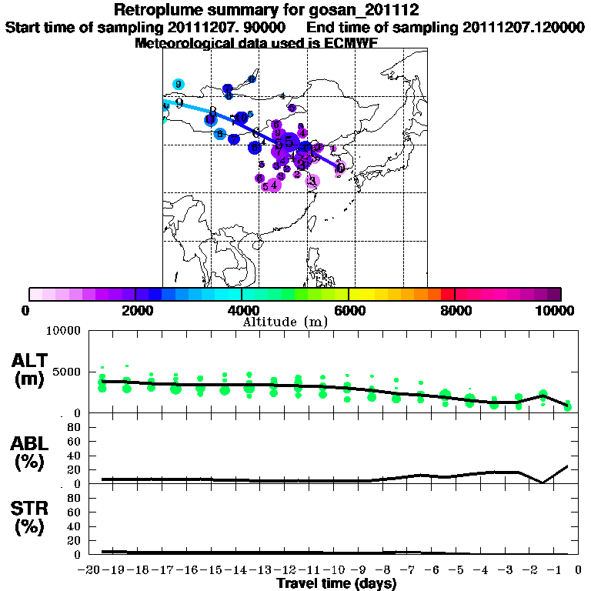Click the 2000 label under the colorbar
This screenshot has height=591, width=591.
coord(135,311)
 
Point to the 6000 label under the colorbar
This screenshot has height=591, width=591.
coord(348,311)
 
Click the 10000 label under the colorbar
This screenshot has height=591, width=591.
coord(556,311)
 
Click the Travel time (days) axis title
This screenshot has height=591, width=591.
coord(336,584)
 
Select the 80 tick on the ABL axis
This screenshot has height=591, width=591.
coord(75,426)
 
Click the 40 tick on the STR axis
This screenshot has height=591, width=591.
coord(75,526)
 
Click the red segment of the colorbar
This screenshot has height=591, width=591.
coord(447,294)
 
